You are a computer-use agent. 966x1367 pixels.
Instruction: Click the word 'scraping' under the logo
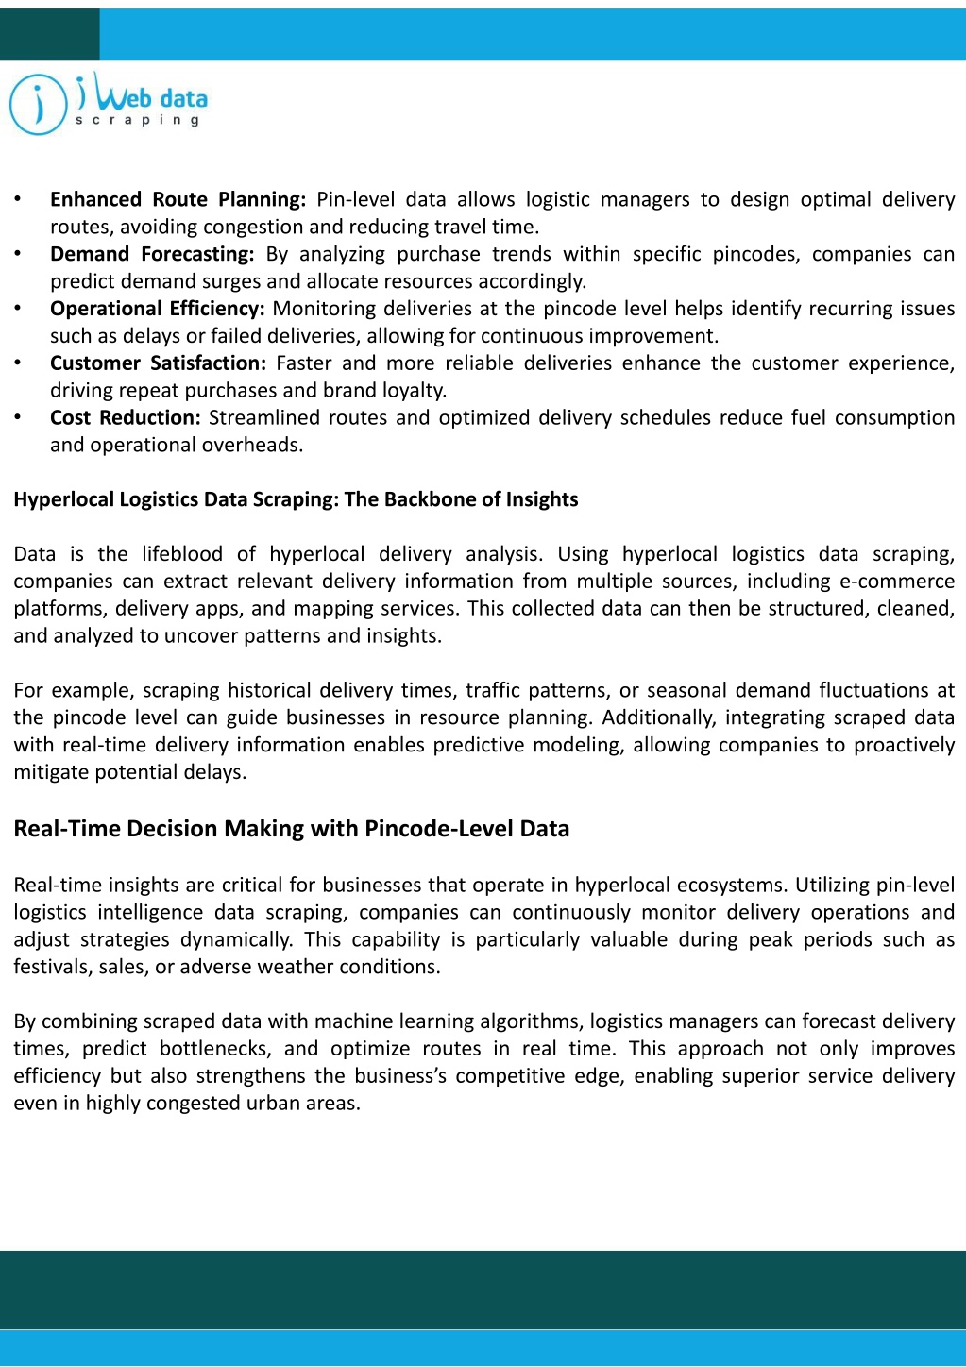(138, 120)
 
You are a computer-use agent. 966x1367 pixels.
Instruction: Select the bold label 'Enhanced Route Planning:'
(178, 199)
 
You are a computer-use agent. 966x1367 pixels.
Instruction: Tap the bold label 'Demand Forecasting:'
(152, 254)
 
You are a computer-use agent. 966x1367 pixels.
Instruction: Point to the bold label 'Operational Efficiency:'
(158, 309)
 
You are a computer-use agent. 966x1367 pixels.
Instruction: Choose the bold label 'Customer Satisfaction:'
(158, 363)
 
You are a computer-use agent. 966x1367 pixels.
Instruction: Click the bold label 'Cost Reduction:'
(125, 418)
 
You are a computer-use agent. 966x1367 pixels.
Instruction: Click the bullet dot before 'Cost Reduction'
(17, 418)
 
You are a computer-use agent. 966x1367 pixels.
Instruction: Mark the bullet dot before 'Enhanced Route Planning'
(17, 199)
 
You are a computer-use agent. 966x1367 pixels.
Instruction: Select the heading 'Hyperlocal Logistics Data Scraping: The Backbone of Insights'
(296, 499)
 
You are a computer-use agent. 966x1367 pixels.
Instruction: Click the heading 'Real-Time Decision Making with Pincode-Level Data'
(291, 829)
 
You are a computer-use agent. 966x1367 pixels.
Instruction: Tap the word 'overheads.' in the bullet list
(256, 446)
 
